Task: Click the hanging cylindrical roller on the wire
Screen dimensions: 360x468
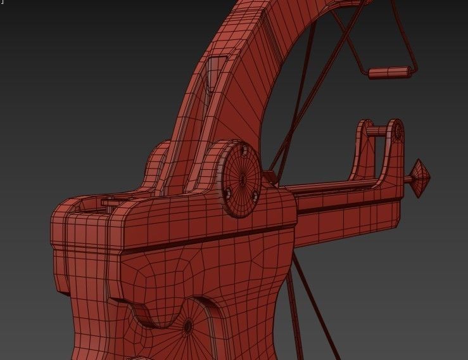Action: point(391,72)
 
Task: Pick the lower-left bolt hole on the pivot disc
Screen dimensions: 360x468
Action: point(227,191)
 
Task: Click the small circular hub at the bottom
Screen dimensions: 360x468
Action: point(188,327)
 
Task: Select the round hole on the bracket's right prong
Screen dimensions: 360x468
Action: point(398,133)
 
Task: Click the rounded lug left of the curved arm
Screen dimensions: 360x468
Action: point(157,165)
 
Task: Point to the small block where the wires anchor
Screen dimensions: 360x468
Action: point(269,176)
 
